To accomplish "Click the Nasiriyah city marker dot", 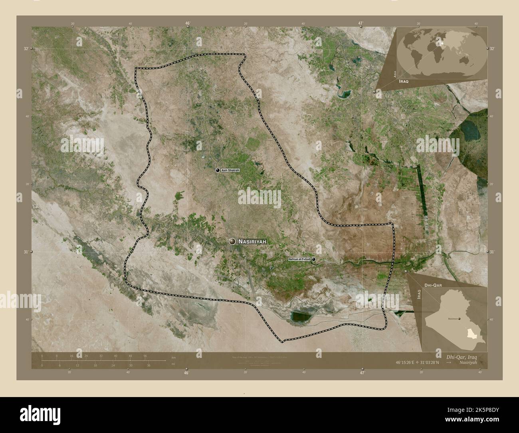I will tap(232, 241).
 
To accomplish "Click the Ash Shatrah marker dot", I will tap(218, 170).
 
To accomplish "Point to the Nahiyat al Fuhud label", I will tap(299, 259).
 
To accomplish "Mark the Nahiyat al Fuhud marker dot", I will tap(314, 259).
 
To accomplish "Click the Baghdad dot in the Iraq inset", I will tap(460, 318).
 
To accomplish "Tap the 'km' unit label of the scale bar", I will tap(173, 357).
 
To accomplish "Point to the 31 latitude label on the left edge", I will tap(26, 252).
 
